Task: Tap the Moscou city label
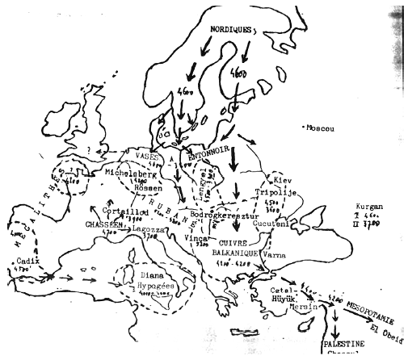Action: coord(320,128)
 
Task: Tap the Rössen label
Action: coord(140,186)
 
